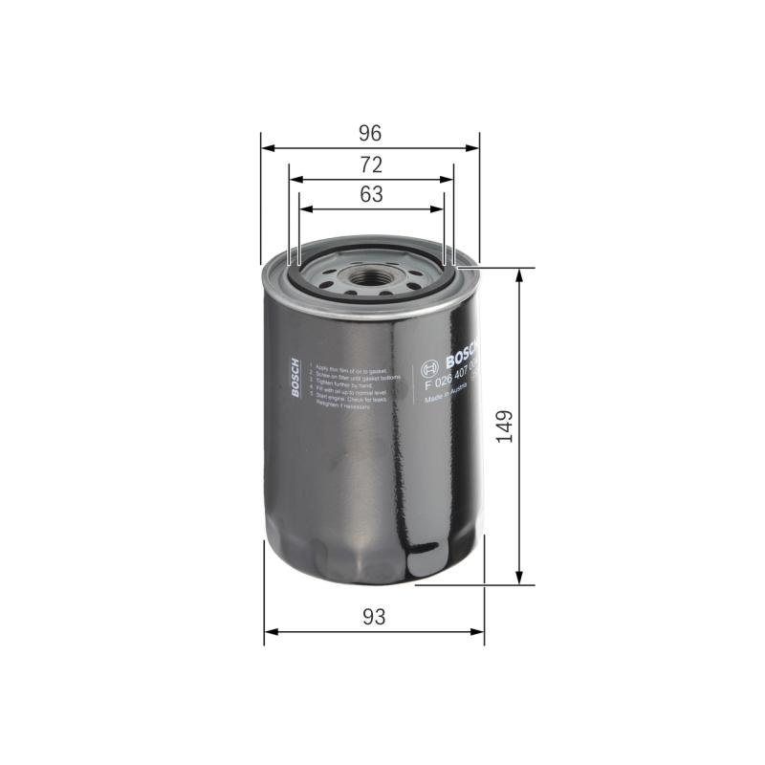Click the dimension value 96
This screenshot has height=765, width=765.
click(x=370, y=133)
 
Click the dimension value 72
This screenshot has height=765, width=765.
click(x=371, y=164)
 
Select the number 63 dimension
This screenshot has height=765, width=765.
click(x=371, y=194)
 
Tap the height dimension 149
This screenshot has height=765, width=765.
click(x=506, y=426)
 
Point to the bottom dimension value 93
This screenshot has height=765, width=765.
click(x=374, y=617)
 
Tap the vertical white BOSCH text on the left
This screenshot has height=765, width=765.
click(x=295, y=380)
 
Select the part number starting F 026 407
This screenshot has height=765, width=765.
click(x=451, y=382)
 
